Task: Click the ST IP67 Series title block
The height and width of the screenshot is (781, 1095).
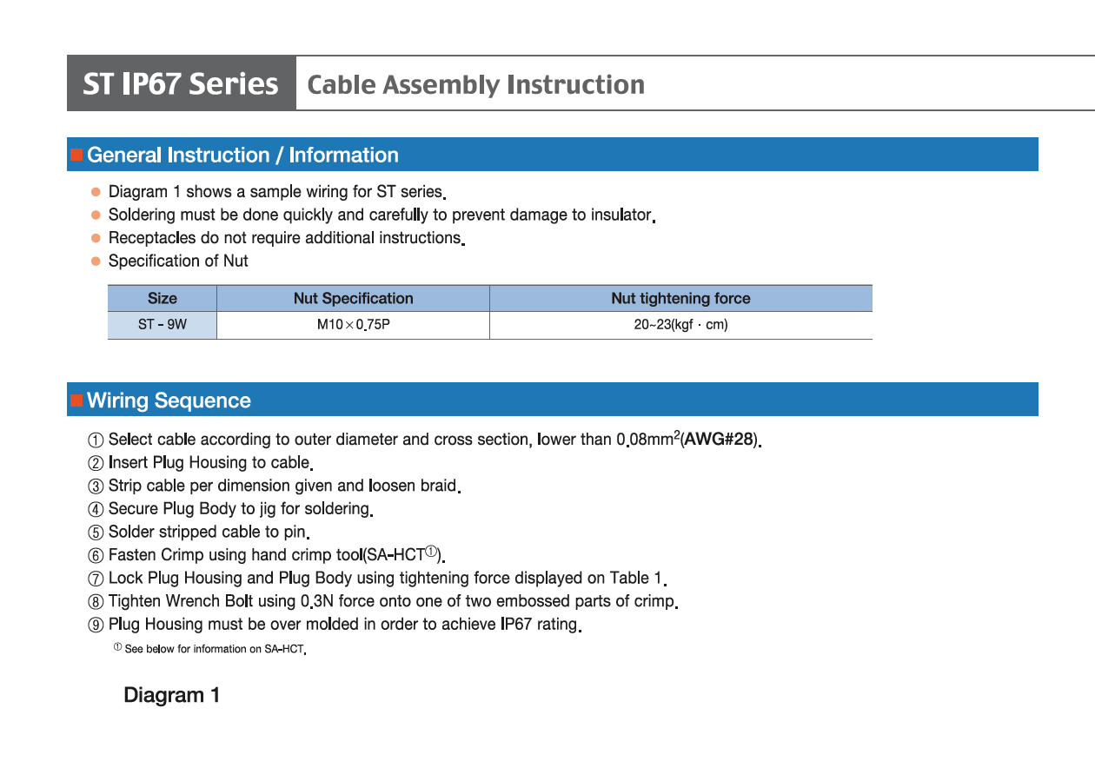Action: pos(181,84)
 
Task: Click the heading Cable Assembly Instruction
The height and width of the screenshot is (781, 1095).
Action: pos(476,85)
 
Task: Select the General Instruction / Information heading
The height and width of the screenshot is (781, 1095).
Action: pos(242,156)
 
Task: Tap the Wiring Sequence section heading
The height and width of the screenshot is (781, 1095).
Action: pos(169,400)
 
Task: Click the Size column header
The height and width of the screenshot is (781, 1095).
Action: pos(162,299)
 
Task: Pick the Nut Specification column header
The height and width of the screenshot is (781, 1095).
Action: pos(353,299)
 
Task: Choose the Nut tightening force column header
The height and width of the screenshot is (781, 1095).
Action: pos(680,299)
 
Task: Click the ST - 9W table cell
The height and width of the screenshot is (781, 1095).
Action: pos(162,325)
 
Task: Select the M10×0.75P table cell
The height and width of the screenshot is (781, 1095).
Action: pos(353,325)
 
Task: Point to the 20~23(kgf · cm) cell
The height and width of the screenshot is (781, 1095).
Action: pos(680,325)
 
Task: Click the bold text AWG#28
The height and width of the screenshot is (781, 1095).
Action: pos(719,440)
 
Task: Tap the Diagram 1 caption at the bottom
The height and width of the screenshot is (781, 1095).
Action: pos(171,695)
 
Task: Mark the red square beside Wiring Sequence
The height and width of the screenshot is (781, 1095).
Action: pos(76,400)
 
